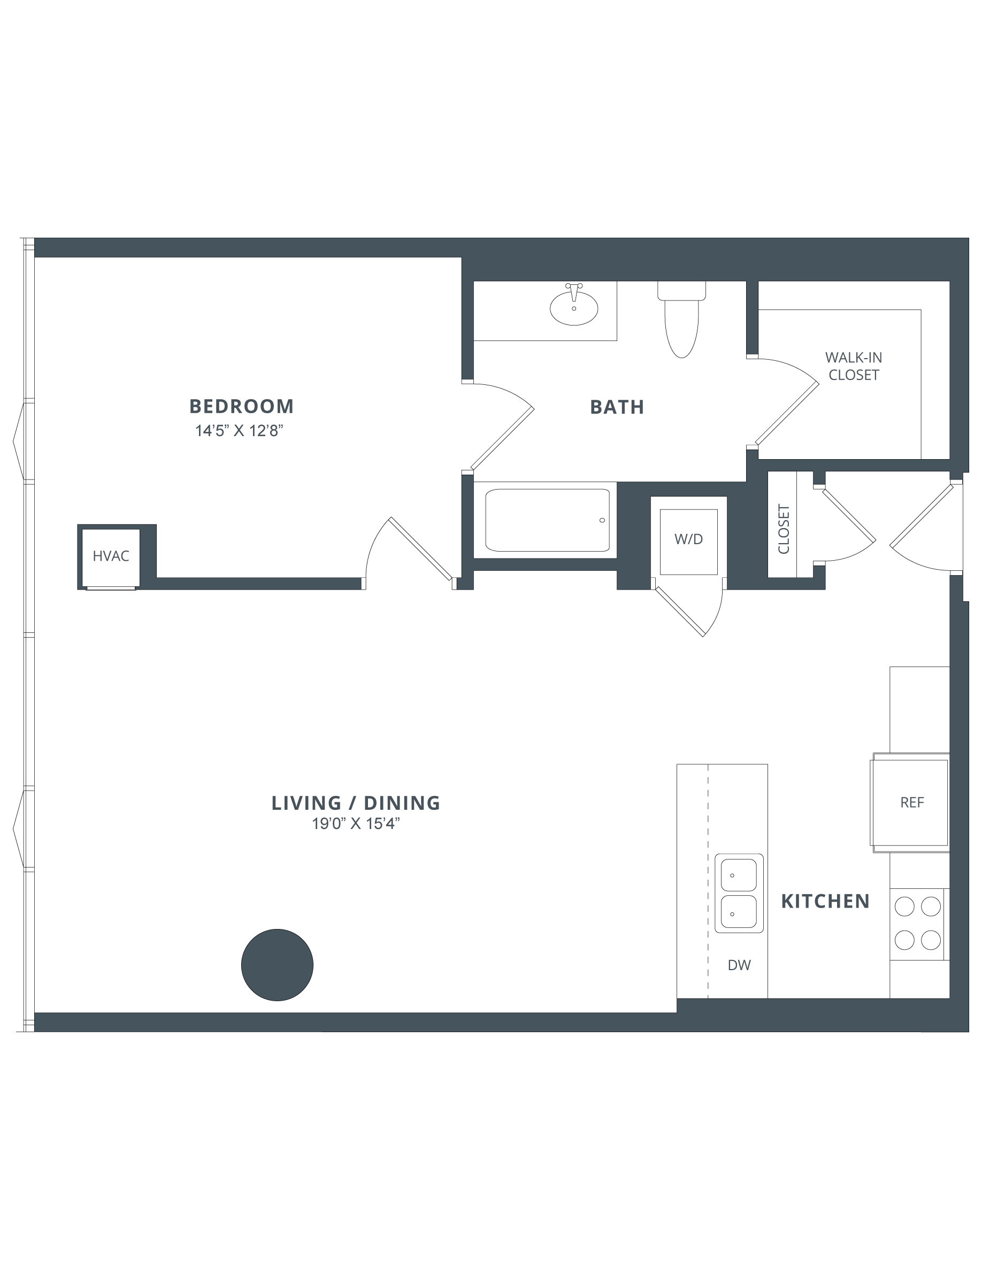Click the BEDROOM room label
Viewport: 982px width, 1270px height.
tap(241, 406)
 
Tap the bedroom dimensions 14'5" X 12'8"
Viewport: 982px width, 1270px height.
tap(239, 431)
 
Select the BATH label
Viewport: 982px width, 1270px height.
tap(617, 407)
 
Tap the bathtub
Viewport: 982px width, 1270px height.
tap(548, 520)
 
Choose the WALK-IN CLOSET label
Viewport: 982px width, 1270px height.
tap(854, 366)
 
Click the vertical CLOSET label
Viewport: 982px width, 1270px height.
tap(784, 529)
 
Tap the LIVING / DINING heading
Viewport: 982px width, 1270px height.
tap(356, 802)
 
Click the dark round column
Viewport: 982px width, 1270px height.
tap(278, 965)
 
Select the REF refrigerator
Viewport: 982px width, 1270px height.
tap(910, 802)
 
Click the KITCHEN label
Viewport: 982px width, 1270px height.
tap(825, 901)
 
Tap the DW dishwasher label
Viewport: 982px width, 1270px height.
tap(739, 965)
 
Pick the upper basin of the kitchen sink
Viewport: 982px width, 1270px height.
tap(739, 875)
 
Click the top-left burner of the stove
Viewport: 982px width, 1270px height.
tap(904, 906)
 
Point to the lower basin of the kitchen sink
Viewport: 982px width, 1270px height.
tap(739, 912)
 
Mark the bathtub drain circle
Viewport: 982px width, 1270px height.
tap(602, 520)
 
